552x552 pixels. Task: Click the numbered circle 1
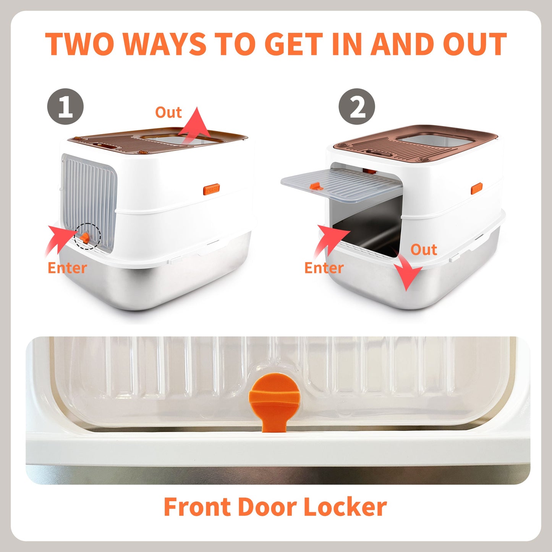click(x=65, y=107)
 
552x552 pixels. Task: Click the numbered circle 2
click(x=357, y=107)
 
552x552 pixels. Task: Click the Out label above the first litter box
click(x=168, y=112)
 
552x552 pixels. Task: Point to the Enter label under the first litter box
click(x=67, y=268)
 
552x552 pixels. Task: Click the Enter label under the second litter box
click(x=324, y=268)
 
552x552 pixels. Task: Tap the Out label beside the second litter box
click(x=424, y=249)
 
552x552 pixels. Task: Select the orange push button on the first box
click(x=211, y=189)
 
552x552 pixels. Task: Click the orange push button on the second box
click(x=476, y=188)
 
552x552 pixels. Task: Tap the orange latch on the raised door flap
click(x=316, y=186)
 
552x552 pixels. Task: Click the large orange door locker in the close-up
click(x=274, y=399)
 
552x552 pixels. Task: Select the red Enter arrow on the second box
click(x=329, y=238)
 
